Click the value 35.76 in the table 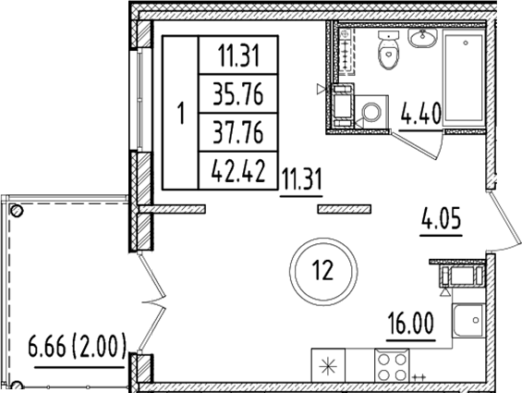[x=238, y=92]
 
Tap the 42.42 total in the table [x=238, y=170]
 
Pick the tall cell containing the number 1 [x=181, y=113]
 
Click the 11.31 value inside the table [x=238, y=55]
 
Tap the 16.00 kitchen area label [x=408, y=326]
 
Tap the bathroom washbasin [x=424, y=40]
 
